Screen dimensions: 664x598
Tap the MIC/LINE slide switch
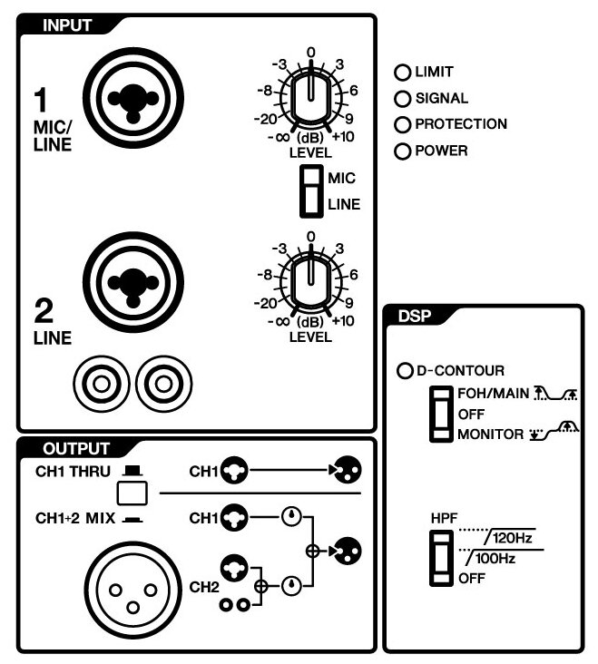pos(312,191)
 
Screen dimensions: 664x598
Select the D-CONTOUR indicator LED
pos(406,371)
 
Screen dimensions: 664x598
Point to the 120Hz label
pos(511,540)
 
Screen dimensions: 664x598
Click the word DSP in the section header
pos(415,317)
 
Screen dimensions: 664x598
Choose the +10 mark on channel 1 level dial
pos(344,139)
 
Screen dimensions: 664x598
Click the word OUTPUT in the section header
pos(76,448)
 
